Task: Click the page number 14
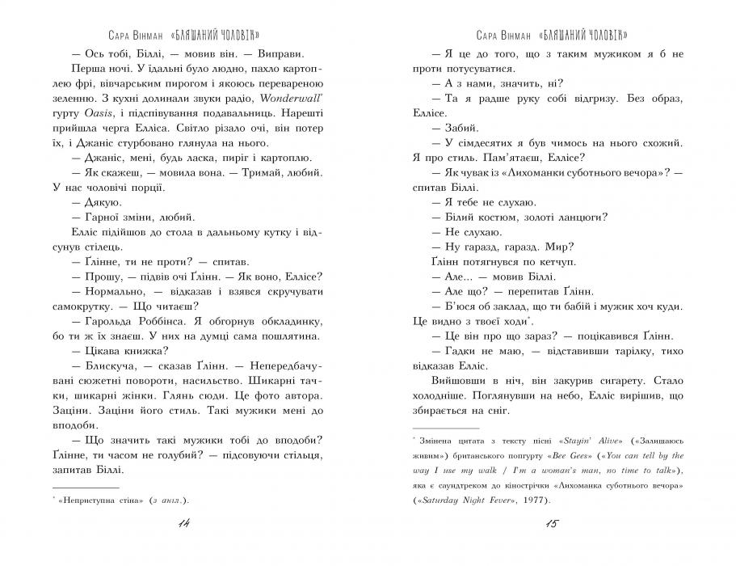click(x=182, y=526)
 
